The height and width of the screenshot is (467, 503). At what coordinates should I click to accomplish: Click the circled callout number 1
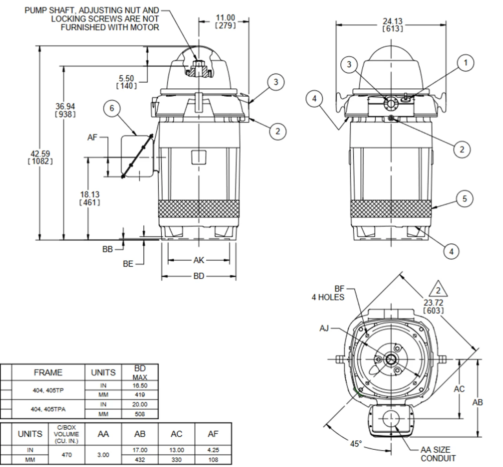(x=466, y=63)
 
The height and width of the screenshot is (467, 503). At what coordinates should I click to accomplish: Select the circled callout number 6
(x=112, y=108)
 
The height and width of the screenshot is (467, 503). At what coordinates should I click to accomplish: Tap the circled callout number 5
(x=464, y=199)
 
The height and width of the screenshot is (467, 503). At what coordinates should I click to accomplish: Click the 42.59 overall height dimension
(x=40, y=157)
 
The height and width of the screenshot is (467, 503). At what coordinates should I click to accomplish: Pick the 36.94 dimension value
(x=65, y=110)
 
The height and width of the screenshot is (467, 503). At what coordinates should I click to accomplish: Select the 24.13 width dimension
(x=393, y=25)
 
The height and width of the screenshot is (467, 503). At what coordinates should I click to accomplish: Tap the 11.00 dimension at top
(x=226, y=21)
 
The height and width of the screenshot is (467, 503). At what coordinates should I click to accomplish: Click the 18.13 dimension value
(x=90, y=198)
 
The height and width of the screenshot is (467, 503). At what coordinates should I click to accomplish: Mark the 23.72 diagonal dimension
(x=433, y=306)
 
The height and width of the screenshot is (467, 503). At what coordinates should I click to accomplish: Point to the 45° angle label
(x=356, y=443)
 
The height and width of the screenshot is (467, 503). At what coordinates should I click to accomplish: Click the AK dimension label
(x=199, y=260)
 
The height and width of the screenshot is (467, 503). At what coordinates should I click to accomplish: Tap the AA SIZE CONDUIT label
(x=438, y=454)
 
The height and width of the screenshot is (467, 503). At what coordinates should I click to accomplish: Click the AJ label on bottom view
(x=324, y=328)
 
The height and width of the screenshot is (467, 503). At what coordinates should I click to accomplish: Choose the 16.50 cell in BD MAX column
(x=140, y=386)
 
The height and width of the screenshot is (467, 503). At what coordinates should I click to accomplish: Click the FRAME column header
(x=48, y=372)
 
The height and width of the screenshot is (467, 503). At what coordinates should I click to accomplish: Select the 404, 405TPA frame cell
(x=48, y=409)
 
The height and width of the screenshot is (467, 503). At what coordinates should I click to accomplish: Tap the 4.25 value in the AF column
(x=213, y=450)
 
